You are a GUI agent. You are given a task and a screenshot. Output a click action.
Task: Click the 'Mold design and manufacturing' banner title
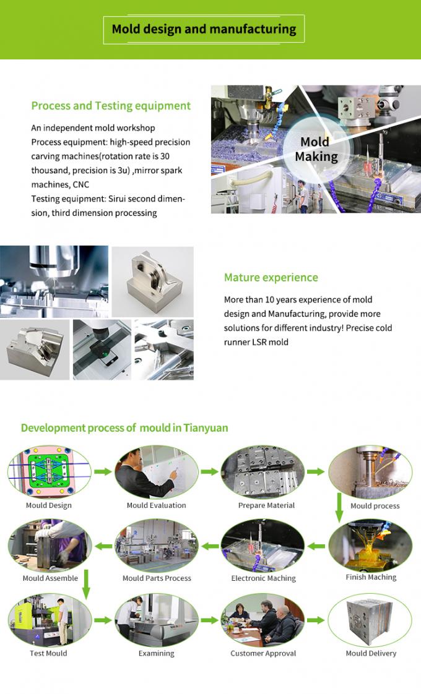tap(204, 29)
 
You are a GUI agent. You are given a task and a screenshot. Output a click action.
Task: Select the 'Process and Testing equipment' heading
tap(111, 106)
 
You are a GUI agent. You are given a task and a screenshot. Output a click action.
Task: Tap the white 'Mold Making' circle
tap(316, 150)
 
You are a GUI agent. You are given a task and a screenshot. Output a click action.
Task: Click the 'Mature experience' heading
tap(271, 278)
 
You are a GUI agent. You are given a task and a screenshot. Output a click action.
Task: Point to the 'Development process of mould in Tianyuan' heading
tap(124, 428)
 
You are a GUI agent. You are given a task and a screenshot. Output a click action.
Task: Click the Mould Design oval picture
tap(49, 472)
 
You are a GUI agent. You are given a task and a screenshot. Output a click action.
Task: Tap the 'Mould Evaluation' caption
tap(156, 505)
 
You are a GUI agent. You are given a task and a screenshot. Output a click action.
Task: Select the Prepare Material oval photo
tap(263, 472)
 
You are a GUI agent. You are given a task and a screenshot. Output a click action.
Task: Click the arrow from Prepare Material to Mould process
tap(316, 471)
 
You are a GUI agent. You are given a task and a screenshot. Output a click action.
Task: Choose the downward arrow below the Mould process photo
tap(339, 507)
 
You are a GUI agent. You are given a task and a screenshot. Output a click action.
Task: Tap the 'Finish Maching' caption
tap(371, 577)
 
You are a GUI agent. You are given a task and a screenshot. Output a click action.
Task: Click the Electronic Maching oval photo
tap(263, 545)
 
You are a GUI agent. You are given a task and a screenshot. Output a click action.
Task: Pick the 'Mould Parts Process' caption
tap(157, 578)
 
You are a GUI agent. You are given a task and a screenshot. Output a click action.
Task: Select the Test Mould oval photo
tap(49, 620)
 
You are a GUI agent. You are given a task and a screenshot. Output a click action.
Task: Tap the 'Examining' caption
tap(156, 653)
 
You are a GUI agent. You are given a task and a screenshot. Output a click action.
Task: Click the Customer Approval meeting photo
tap(263, 620)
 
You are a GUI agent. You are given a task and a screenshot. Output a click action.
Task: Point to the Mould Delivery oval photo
tap(370, 620)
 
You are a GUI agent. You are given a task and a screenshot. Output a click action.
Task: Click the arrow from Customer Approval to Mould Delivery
tap(316, 620)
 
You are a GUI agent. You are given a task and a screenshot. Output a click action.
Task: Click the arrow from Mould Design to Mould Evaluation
tap(103, 471)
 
